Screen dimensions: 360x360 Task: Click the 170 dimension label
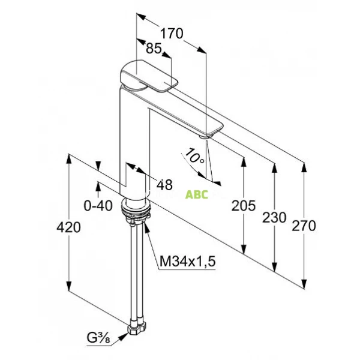click(x=172, y=34)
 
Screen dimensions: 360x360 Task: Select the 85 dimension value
click(x=154, y=51)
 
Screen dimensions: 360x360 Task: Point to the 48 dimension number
click(x=164, y=184)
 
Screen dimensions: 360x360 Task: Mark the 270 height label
click(x=304, y=226)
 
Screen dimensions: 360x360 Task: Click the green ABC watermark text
click(x=197, y=195)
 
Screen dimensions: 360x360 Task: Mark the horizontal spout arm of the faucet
click(x=180, y=114)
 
